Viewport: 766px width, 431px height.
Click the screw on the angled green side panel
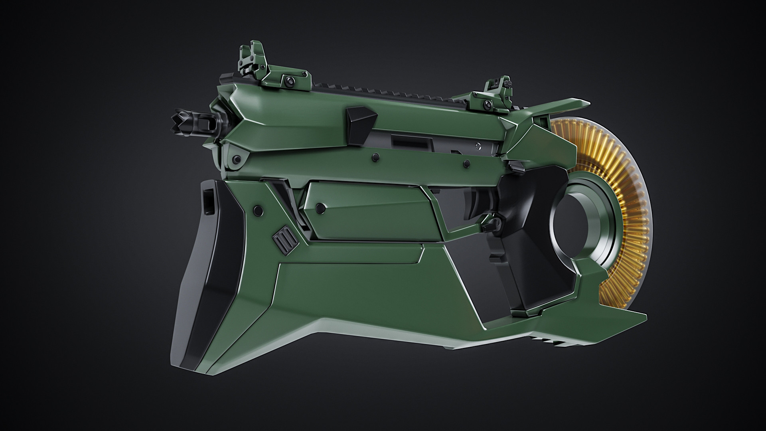(x=319, y=207)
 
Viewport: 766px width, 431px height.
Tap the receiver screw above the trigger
(x=466, y=163)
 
